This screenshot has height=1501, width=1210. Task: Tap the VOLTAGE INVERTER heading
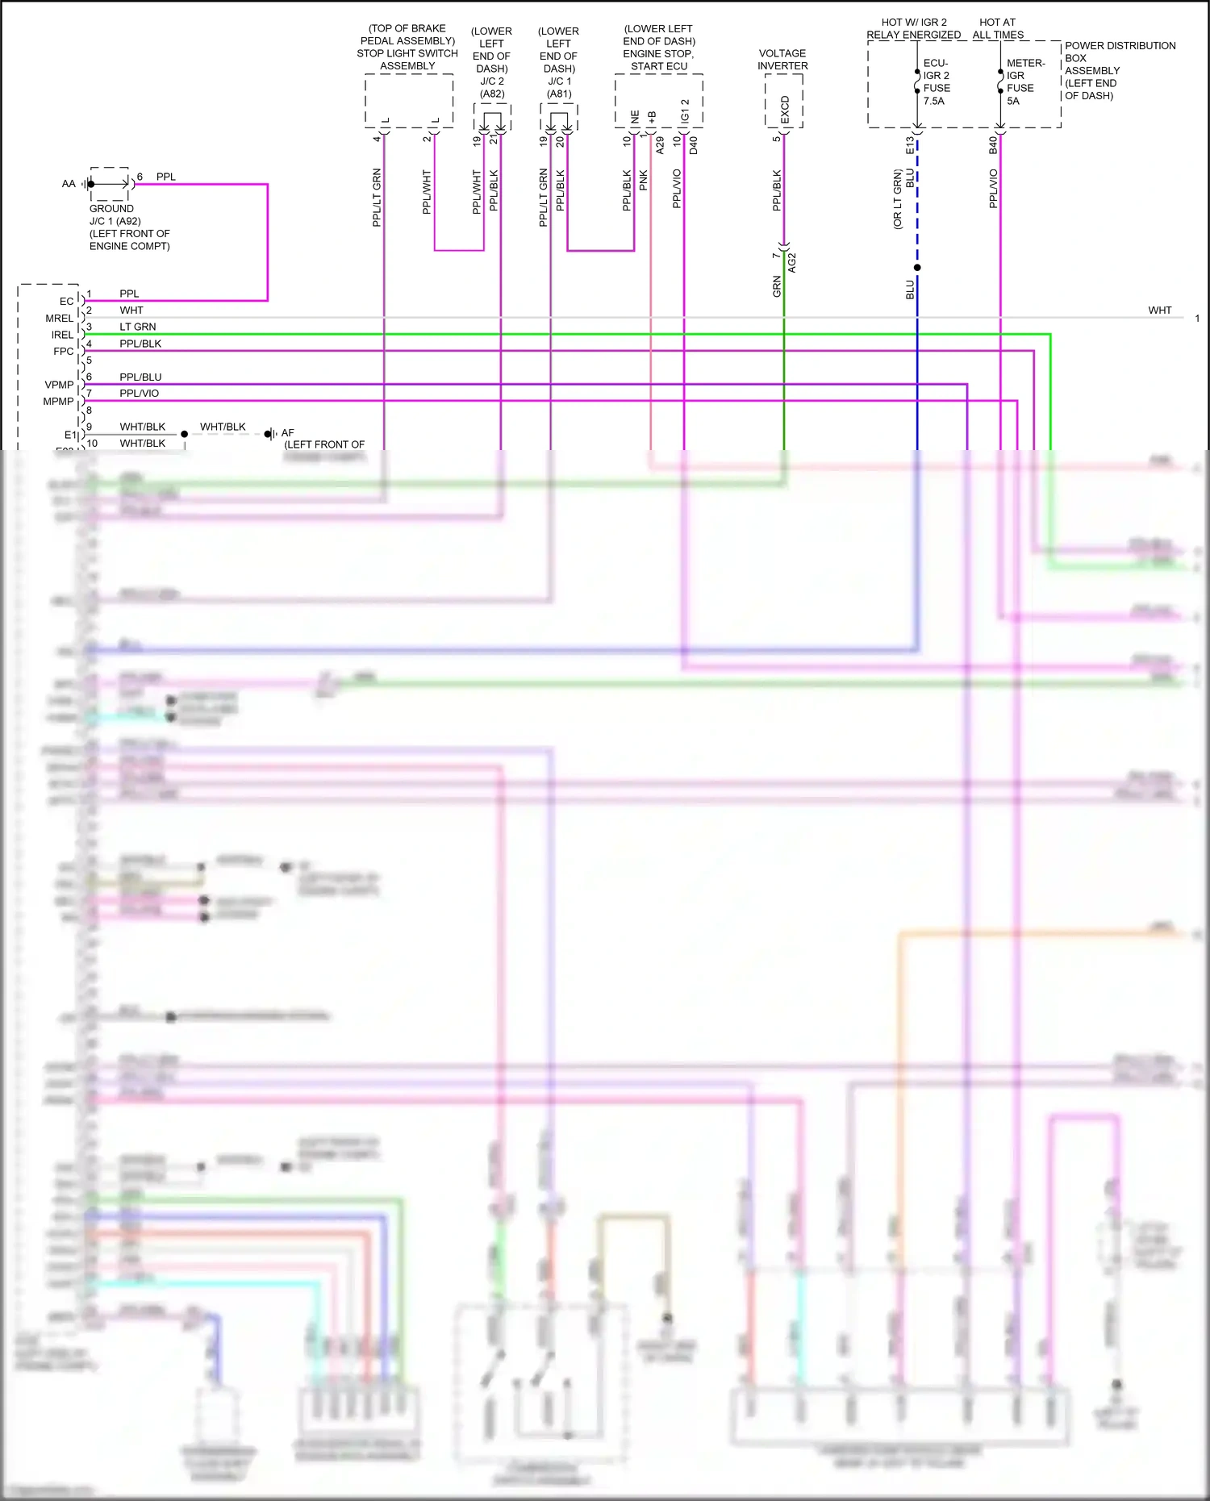(x=782, y=60)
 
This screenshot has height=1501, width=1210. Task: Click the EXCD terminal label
(x=785, y=110)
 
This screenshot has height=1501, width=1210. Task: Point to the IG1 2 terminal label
(x=685, y=111)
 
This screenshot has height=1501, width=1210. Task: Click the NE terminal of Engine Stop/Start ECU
(x=635, y=117)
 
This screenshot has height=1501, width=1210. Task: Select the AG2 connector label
(x=792, y=262)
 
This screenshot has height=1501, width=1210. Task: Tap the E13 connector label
(x=910, y=145)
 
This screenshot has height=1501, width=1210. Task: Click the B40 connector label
(x=993, y=145)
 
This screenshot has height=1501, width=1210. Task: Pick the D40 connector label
(x=693, y=145)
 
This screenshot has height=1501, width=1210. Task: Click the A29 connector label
(x=660, y=145)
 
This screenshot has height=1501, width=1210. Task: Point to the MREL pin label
(x=59, y=319)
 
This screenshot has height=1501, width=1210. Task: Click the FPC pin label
(x=63, y=352)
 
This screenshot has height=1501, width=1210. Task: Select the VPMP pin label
(x=59, y=385)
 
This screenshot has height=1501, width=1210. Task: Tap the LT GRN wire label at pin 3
(x=138, y=327)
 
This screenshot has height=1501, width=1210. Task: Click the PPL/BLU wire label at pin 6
(x=140, y=377)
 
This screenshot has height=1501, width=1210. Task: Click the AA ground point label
(x=69, y=184)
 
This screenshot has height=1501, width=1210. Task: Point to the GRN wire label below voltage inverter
(x=777, y=286)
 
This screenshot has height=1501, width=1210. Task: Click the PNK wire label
(x=644, y=180)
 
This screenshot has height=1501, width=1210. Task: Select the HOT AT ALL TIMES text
(x=998, y=28)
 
